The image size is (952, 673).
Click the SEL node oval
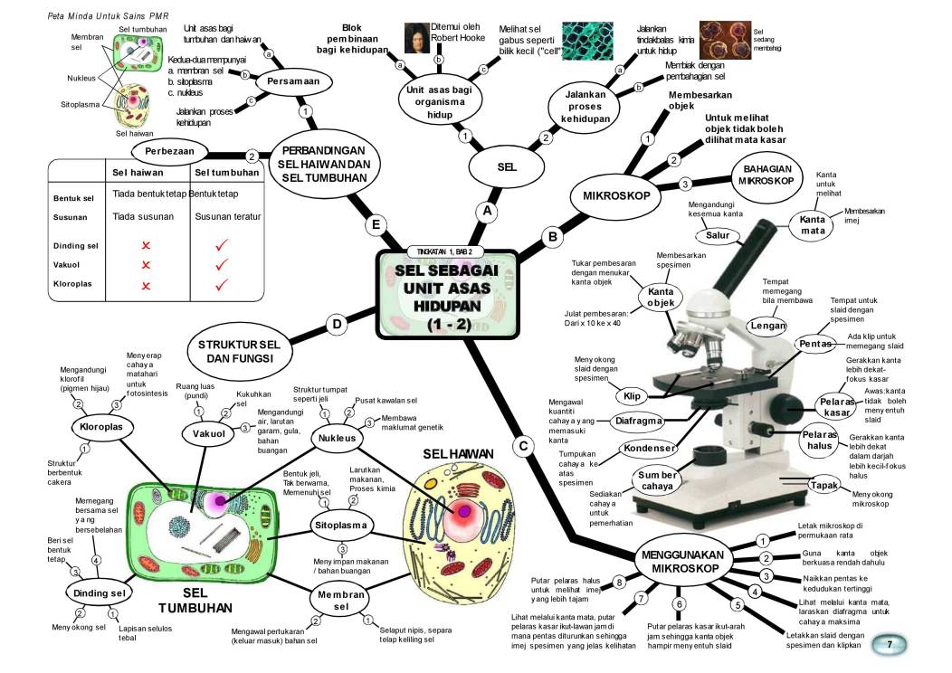coord(506,167)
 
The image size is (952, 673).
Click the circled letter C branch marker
coord(522,446)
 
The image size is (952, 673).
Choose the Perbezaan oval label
coord(170,149)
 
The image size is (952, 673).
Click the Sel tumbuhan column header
coord(227,172)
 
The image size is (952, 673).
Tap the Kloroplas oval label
coord(102,425)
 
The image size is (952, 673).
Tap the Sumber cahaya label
coord(658,481)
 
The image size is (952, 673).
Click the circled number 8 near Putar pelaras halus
coord(620,582)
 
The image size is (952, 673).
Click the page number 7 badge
coord(891,644)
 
